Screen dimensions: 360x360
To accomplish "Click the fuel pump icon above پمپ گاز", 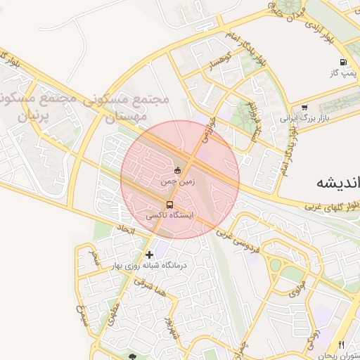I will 342,62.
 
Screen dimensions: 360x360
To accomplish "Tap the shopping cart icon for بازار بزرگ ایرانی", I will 304,108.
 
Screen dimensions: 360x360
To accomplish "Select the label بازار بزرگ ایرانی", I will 304,119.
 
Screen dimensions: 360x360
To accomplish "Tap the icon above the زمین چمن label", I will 177,170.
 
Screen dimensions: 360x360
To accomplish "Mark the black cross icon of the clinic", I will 148,254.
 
